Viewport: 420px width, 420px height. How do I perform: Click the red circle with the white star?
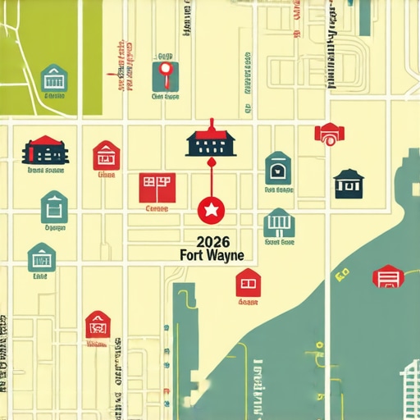click(x=211, y=211)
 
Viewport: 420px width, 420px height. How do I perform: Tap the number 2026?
click(x=211, y=242)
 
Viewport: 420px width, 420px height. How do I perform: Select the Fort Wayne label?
click(x=211, y=255)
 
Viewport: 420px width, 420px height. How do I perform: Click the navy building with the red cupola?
click(x=212, y=140)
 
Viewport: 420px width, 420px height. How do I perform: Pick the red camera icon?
click(x=329, y=134)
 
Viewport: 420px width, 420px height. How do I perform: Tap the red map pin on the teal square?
click(x=166, y=75)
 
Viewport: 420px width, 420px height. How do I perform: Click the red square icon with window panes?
click(x=156, y=187)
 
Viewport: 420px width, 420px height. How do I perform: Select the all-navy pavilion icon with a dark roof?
click(x=349, y=184)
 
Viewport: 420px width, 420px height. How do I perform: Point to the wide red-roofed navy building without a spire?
click(x=46, y=151)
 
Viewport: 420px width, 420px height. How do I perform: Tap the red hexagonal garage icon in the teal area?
click(x=387, y=277)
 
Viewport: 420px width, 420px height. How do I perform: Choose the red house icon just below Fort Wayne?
click(x=248, y=283)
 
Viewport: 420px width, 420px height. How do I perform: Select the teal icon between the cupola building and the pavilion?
click(x=278, y=168)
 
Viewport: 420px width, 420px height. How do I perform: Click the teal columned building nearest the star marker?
click(x=279, y=222)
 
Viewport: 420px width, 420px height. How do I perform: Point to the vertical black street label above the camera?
click(x=332, y=49)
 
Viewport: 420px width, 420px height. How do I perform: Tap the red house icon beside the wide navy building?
click(x=106, y=154)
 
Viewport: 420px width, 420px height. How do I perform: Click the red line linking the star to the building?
click(x=211, y=176)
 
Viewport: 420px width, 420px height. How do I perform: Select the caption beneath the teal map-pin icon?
click(x=165, y=96)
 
